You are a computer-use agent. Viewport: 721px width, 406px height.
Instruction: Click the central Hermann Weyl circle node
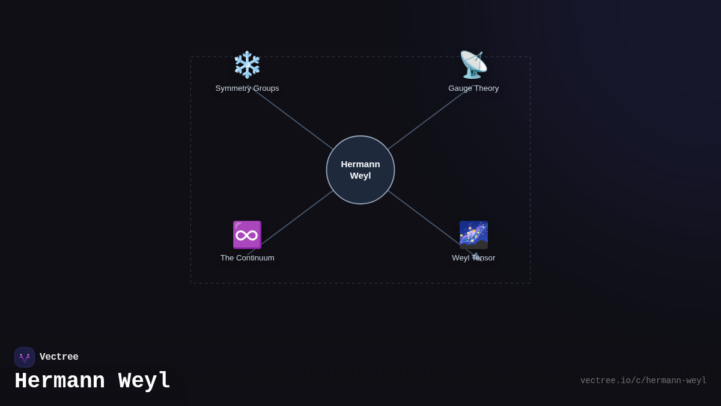click(x=360, y=170)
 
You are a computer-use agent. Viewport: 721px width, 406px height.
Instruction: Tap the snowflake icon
click(x=247, y=65)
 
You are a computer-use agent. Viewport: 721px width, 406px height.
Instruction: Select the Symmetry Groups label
click(x=247, y=88)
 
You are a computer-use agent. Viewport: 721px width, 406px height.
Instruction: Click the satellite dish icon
click(x=473, y=65)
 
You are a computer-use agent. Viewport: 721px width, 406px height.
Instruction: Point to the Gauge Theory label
click(x=473, y=88)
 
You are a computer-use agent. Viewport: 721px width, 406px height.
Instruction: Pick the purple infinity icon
click(x=247, y=235)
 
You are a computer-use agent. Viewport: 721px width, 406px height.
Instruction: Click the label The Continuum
click(x=247, y=258)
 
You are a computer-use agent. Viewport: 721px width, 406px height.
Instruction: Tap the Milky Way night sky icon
click(x=473, y=235)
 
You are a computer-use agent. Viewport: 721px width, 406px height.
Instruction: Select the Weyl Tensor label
click(x=473, y=258)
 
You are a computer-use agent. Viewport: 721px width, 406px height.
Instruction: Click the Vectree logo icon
click(x=25, y=357)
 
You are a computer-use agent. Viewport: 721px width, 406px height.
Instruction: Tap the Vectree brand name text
click(x=59, y=357)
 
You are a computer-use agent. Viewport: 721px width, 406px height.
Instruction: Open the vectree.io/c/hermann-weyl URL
click(x=643, y=381)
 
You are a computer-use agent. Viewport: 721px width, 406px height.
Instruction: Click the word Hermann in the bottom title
click(x=59, y=381)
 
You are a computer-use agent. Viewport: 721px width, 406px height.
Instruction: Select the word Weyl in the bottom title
click(x=144, y=381)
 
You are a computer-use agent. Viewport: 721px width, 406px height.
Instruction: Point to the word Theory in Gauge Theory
click(x=486, y=88)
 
